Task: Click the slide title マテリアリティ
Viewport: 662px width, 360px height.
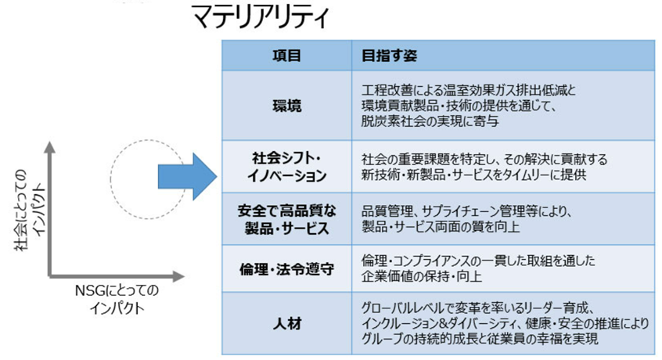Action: click(261, 17)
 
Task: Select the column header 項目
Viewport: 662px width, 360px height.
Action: click(286, 56)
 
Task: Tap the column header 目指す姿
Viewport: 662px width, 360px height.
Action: click(389, 56)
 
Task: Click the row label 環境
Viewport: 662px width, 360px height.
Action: click(287, 106)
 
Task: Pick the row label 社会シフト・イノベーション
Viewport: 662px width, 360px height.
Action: click(287, 167)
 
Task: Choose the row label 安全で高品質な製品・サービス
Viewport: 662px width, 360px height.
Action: click(287, 219)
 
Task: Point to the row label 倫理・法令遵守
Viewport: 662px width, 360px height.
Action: click(287, 269)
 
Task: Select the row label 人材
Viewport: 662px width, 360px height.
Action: click(287, 324)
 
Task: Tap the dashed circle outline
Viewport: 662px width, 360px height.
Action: click(110, 179)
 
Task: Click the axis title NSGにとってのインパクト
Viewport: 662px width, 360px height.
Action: click(117, 299)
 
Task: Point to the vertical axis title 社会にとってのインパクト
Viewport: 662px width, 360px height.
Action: click(30, 210)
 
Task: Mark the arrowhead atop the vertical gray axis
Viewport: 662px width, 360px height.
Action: click(50, 146)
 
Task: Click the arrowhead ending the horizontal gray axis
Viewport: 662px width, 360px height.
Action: click(179, 277)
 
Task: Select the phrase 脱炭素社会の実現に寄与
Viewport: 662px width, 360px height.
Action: click(430, 121)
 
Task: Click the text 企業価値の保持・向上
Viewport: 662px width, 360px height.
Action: click(421, 276)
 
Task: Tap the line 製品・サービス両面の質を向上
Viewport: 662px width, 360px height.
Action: click(441, 227)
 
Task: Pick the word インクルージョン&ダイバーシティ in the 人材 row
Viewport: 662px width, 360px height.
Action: click(439, 324)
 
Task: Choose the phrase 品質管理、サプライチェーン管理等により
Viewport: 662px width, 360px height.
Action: click(466, 211)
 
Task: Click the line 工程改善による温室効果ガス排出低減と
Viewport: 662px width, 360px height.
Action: click(469, 90)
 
